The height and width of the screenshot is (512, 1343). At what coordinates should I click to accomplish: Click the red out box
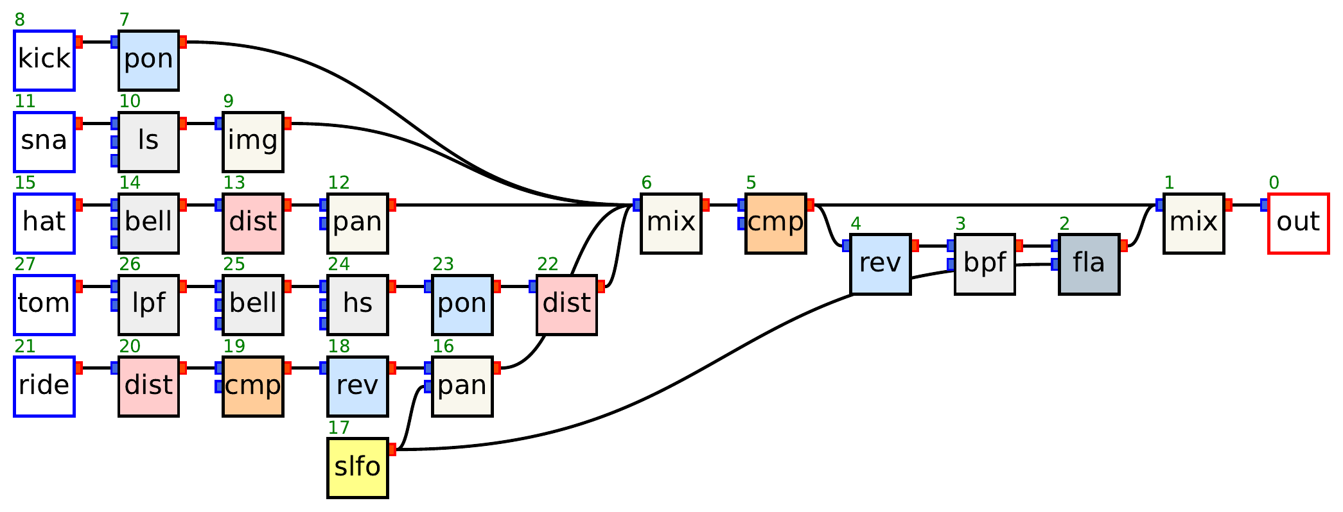tap(1298, 223)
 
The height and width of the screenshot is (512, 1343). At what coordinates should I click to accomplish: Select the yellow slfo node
tap(358, 468)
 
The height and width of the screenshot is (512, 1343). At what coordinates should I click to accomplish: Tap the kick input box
tap(44, 60)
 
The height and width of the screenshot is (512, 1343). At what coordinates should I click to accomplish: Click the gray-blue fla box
tap(1089, 264)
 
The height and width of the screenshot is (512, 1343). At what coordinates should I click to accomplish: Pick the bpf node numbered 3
tap(985, 264)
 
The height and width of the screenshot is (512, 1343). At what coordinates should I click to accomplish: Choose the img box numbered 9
tap(253, 142)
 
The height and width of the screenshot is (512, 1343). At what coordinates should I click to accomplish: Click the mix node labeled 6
tap(671, 223)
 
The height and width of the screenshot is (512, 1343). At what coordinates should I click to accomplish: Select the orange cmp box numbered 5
tap(775, 223)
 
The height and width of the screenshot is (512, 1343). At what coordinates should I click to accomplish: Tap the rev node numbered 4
tap(880, 264)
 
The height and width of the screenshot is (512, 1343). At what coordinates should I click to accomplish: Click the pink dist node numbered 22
tap(566, 305)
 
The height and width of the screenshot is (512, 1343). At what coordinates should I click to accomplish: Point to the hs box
tap(358, 305)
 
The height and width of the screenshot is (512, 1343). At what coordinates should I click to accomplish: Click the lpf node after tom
tap(148, 305)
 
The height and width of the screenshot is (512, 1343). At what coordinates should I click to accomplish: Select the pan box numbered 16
tap(462, 386)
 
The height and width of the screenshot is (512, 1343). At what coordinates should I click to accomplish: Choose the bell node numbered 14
tap(148, 223)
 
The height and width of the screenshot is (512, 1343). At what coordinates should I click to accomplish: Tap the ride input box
tap(44, 386)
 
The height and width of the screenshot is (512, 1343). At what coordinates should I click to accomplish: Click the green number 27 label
tap(25, 264)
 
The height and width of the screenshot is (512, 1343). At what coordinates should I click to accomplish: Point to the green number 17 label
tap(338, 427)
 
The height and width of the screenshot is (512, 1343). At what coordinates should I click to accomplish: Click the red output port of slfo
tap(392, 450)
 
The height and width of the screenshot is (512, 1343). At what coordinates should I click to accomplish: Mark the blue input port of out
tap(1264, 205)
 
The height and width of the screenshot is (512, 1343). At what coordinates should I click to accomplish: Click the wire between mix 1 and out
tap(1246, 205)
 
